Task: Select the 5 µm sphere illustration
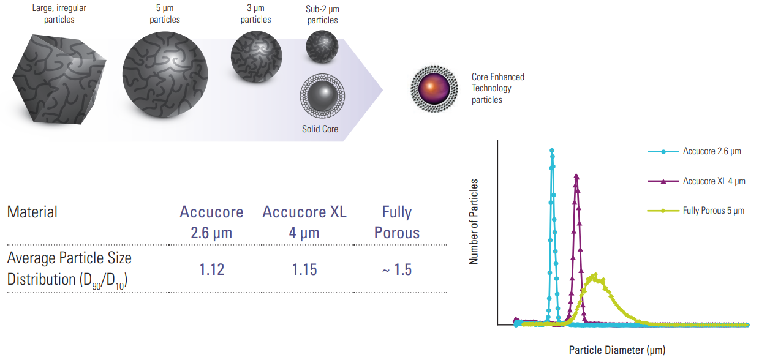pyautogui.click(x=165, y=75)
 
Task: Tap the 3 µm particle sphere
pyautogui.click(x=256, y=56)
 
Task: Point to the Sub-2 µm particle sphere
pyautogui.click(x=322, y=47)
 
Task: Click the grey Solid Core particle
pyautogui.click(x=322, y=96)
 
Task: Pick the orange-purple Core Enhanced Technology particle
pyautogui.click(x=434, y=89)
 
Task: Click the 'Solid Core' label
pyautogui.click(x=320, y=129)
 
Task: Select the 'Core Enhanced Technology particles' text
pyautogui.click(x=498, y=88)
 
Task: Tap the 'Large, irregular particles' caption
pyautogui.click(x=59, y=13)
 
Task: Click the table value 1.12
pyautogui.click(x=212, y=270)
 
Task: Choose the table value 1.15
pyautogui.click(x=304, y=270)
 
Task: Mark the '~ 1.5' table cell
pyautogui.click(x=397, y=270)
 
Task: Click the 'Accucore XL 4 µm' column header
pyautogui.click(x=304, y=222)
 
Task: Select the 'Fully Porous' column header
pyautogui.click(x=397, y=222)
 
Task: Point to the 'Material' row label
pyautogui.click(x=32, y=212)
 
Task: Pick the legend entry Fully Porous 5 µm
pyautogui.click(x=696, y=211)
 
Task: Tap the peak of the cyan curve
pyautogui.click(x=552, y=150)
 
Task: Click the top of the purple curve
pyautogui.click(x=576, y=176)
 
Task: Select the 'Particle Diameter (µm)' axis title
pyautogui.click(x=617, y=350)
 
